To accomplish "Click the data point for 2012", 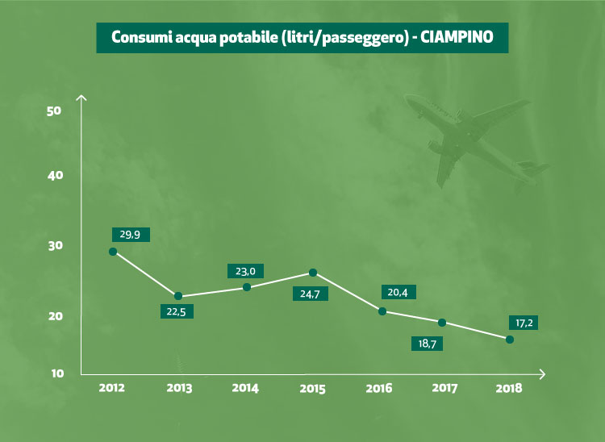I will pyautogui.click(x=113, y=252).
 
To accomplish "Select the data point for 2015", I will pyautogui.click(x=313, y=273).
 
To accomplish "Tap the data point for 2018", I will pyautogui.click(x=510, y=340).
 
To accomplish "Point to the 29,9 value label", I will pyautogui.click(x=130, y=235).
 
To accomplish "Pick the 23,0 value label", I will pyautogui.click(x=245, y=272).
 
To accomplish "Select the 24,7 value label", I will pyautogui.click(x=311, y=294).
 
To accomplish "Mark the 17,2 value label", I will pyautogui.click(x=524, y=323).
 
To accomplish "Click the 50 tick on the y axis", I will pyautogui.click(x=55, y=110).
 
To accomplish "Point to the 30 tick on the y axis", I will pyautogui.click(x=55, y=246).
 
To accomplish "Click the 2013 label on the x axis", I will pyautogui.click(x=179, y=388).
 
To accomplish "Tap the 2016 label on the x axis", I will pyautogui.click(x=379, y=388).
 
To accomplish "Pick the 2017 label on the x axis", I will pyautogui.click(x=444, y=388).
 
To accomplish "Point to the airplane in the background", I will pyautogui.click(x=472, y=137).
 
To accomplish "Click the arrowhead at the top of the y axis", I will pyautogui.click(x=81, y=98).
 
